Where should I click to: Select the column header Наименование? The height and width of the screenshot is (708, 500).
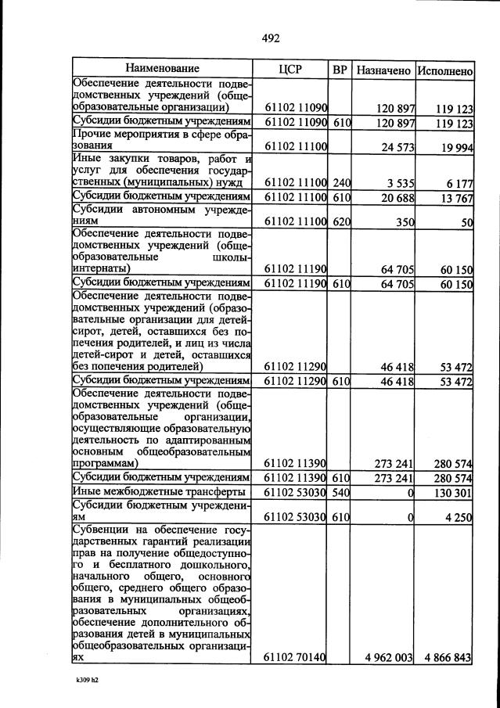(162, 70)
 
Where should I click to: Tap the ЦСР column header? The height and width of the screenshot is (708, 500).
(290, 70)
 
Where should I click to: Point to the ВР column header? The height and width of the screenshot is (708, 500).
(340, 70)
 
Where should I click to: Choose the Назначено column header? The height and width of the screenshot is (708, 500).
(383, 70)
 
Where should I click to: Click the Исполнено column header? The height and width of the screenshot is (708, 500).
(444, 70)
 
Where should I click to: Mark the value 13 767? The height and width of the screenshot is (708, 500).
(455, 196)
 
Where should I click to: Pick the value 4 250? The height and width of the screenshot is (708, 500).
(459, 516)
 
